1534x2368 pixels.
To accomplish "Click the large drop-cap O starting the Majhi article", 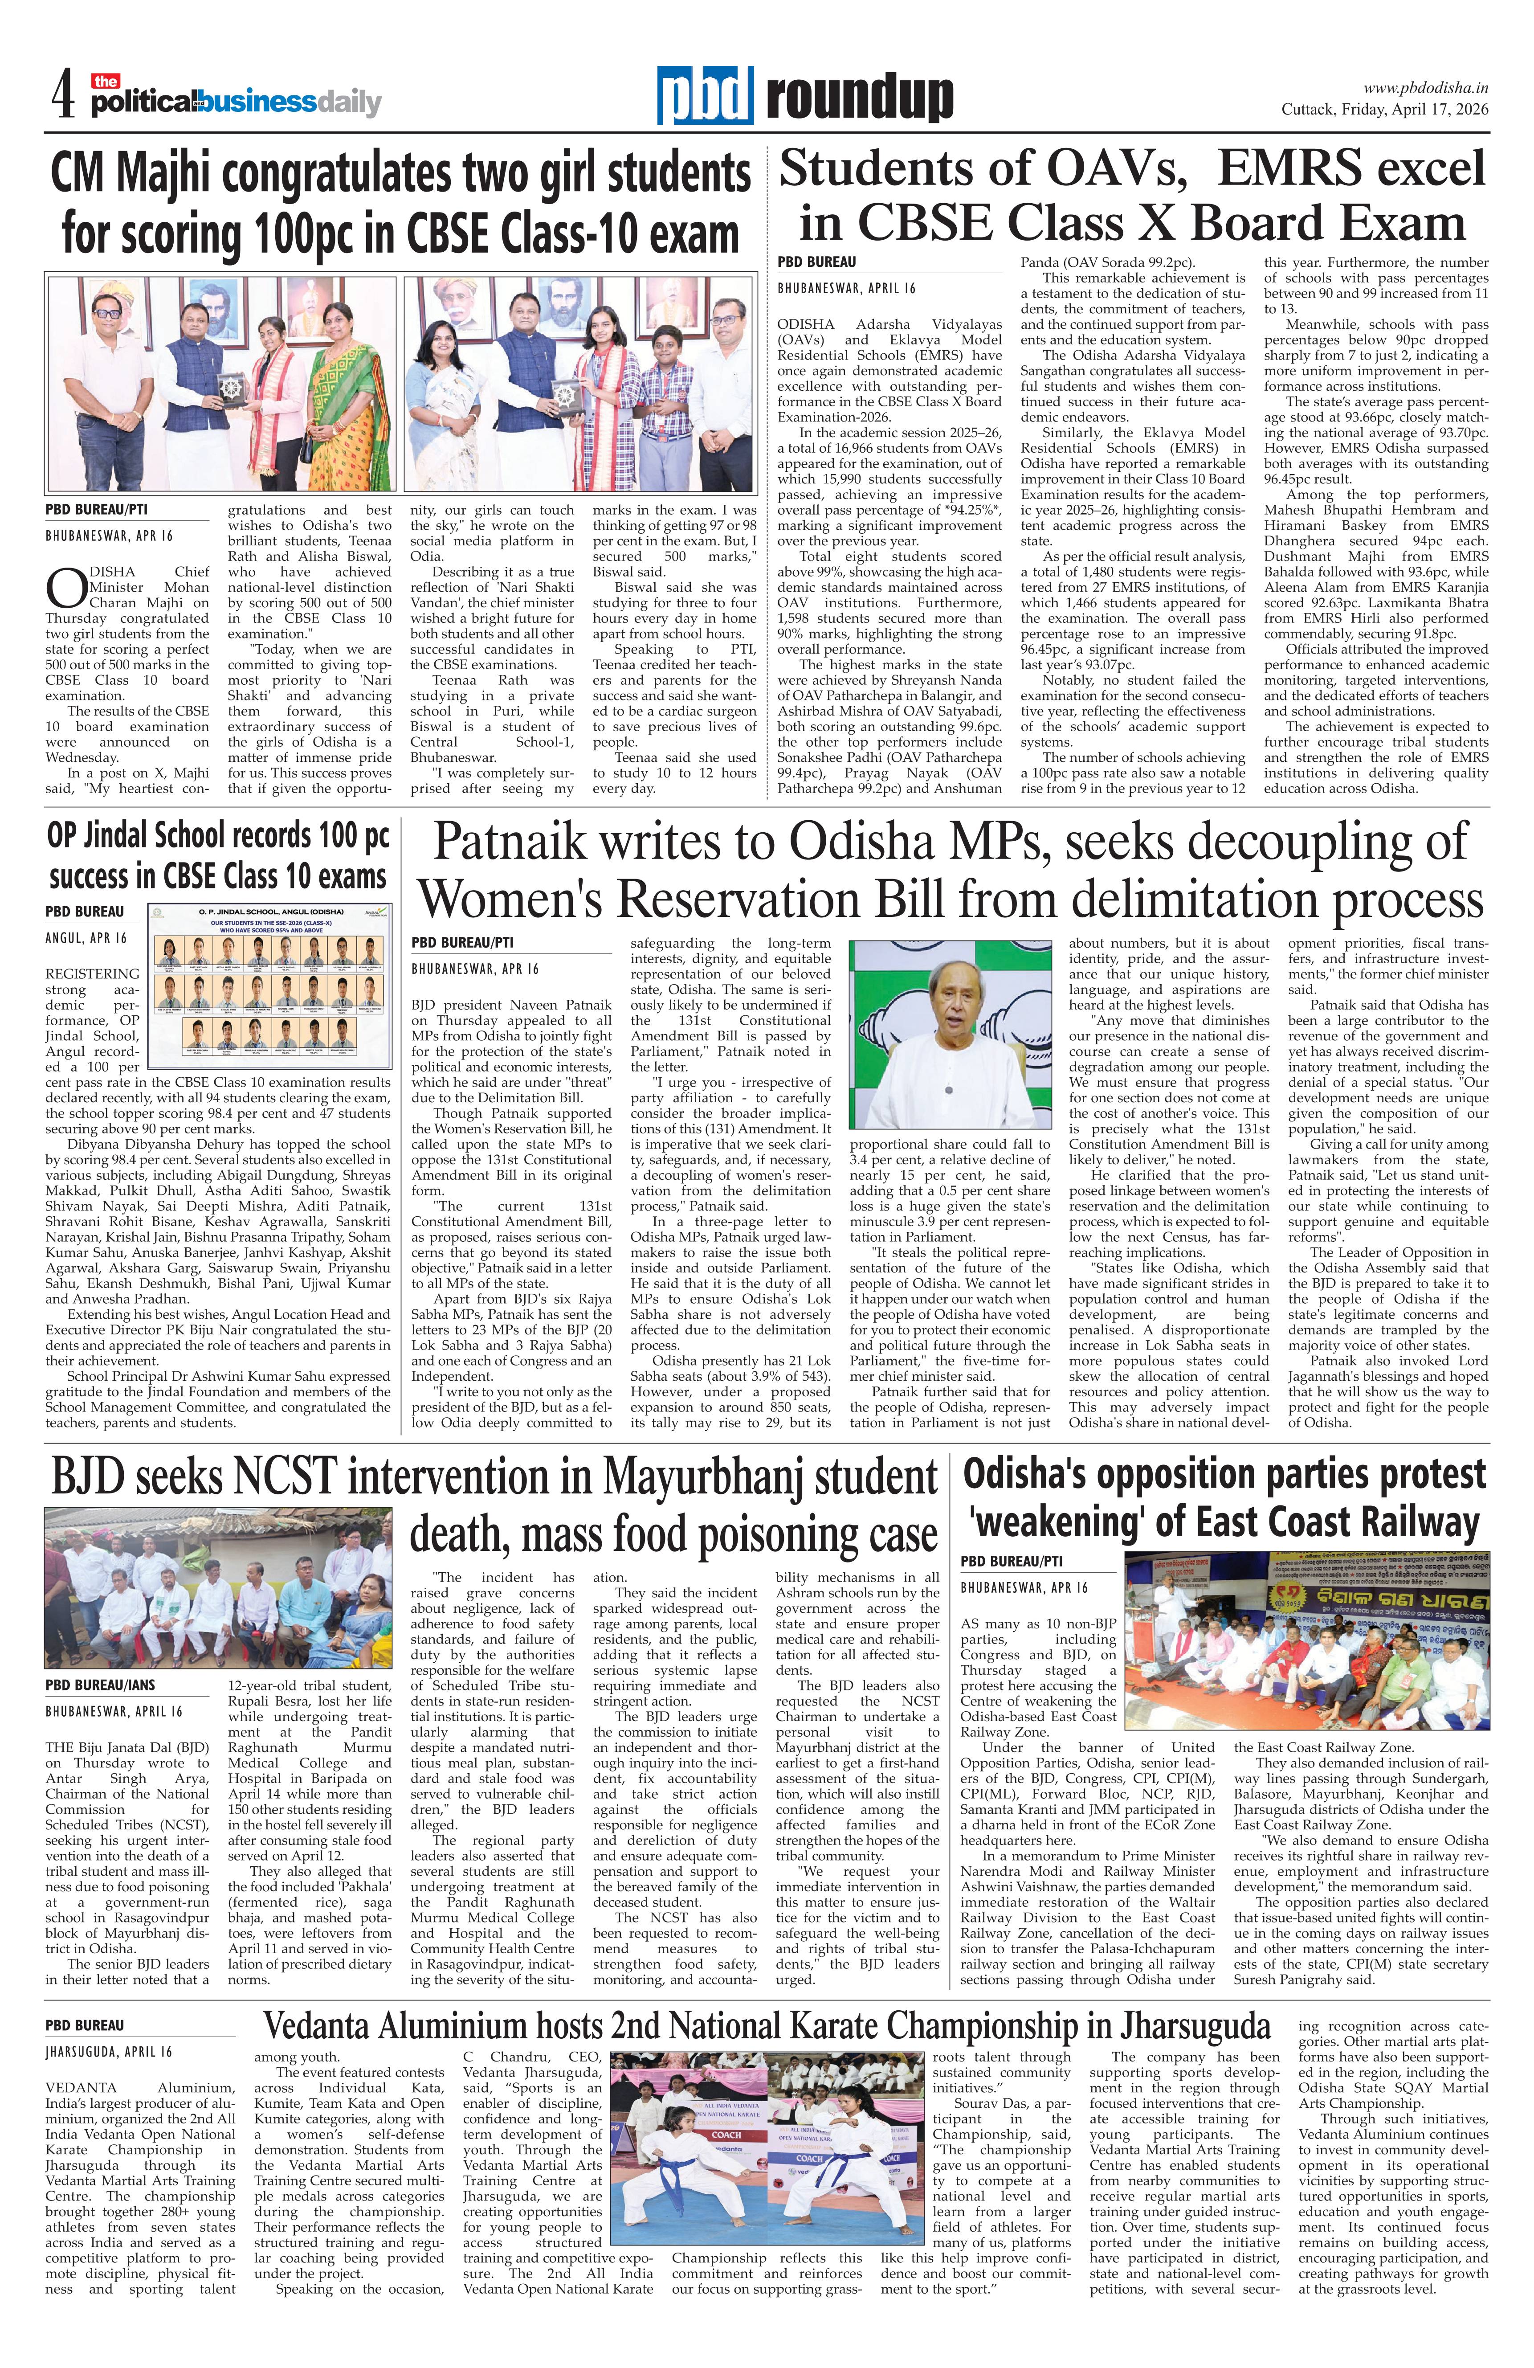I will [x=61, y=589].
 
